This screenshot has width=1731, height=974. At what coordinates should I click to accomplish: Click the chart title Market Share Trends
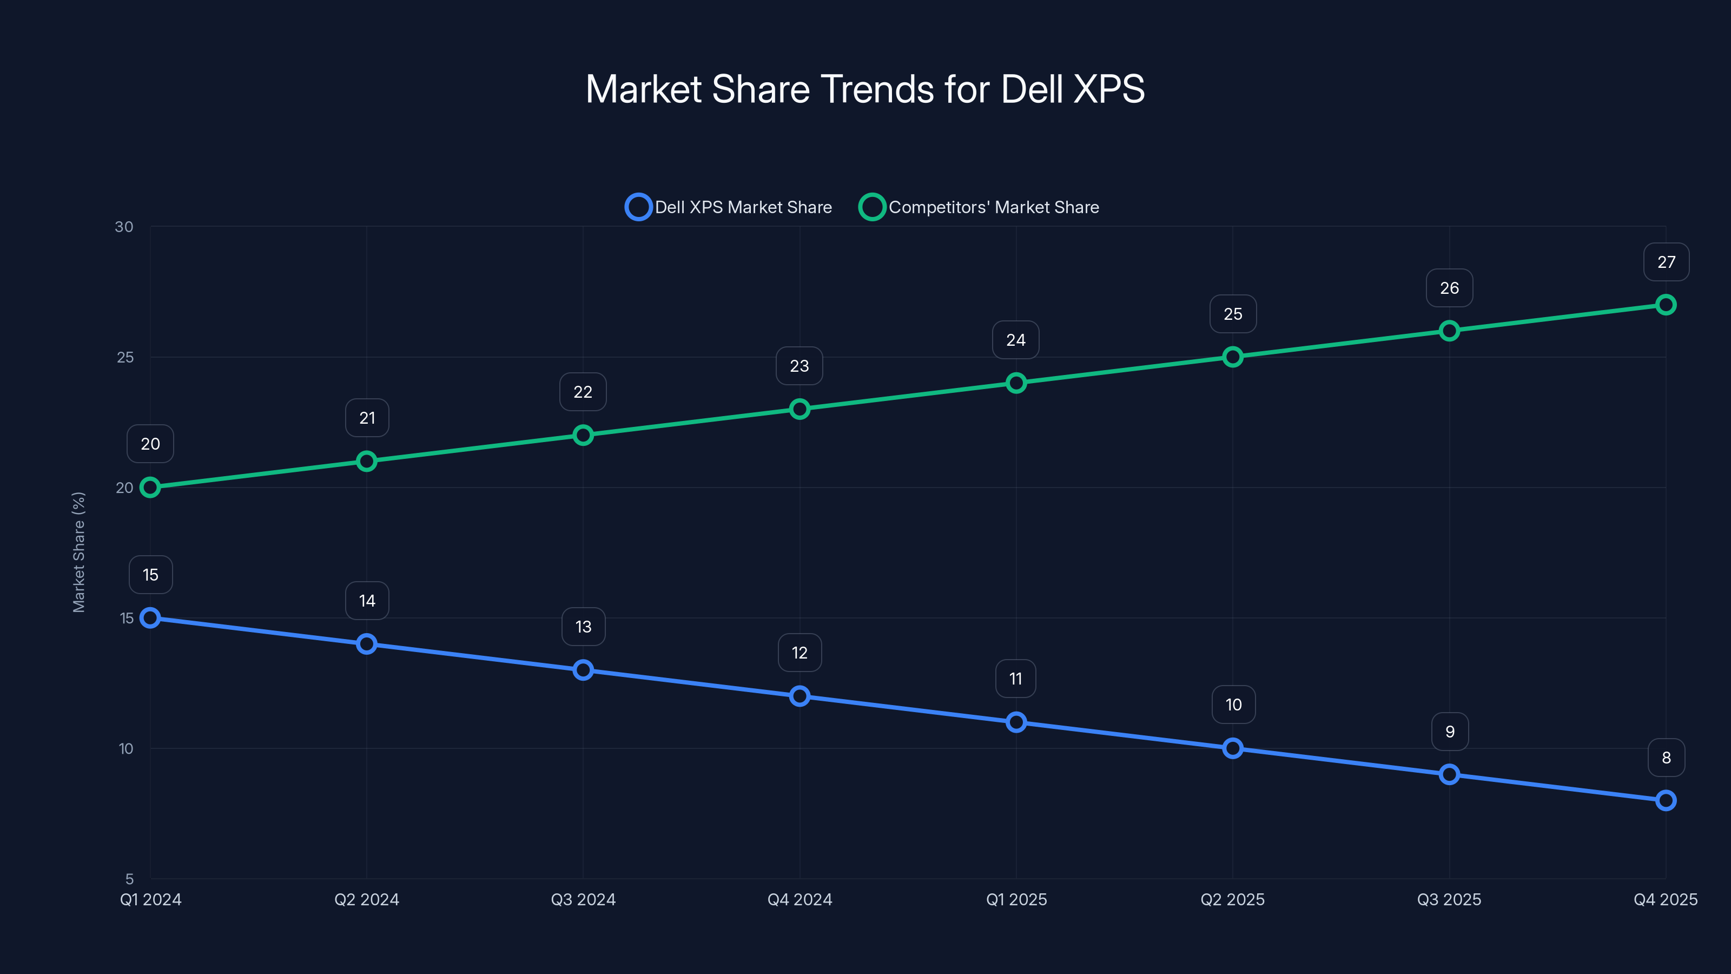click(865, 89)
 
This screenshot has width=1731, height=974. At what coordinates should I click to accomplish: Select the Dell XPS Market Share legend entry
click(729, 207)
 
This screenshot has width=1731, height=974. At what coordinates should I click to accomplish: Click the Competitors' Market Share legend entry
click(980, 207)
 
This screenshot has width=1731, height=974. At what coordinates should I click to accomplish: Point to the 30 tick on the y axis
click(124, 227)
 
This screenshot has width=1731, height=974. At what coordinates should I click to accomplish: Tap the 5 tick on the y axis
click(129, 879)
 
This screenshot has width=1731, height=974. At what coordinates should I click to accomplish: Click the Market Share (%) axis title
click(78, 552)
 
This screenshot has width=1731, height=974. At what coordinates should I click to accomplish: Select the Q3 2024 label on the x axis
click(583, 899)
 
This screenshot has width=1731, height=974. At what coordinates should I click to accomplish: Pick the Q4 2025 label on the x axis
click(1664, 899)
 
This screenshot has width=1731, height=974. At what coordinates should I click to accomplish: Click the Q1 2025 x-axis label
click(1016, 899)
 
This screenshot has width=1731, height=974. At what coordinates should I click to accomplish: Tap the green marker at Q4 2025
click(1665, 305)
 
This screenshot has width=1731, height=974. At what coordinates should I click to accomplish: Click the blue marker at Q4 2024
click(799, 696)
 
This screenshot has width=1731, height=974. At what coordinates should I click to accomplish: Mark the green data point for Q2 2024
click(366, 461)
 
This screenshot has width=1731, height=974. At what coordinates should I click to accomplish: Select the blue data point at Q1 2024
click(150, 618)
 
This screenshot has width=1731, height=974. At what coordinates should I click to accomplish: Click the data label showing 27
click(1666, 262)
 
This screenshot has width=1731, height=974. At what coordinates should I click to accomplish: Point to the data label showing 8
click(1666, 758)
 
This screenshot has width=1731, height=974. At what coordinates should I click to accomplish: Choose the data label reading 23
click(799, 366)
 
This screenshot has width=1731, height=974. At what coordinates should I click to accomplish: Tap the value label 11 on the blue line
click(1015, 679)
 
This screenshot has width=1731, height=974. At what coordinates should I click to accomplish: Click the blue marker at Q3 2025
click(1449, 774)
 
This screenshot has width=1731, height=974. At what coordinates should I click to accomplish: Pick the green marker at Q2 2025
click(1232, 357)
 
